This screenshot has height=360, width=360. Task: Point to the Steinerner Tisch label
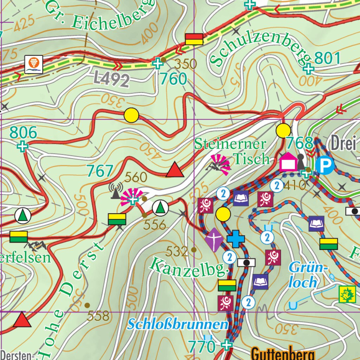tap(232, 151)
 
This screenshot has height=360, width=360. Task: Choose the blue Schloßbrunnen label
tap(178, 324)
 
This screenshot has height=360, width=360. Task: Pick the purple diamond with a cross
tap(214, 240)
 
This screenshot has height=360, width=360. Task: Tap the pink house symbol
tap(288, 162)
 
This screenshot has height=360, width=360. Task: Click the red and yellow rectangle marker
tap(194, 39)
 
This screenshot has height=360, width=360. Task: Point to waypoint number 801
tap(328, 58)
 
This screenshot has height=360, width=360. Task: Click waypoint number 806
tap(23, 133)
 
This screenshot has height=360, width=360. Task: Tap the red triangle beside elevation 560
tap(175, 170)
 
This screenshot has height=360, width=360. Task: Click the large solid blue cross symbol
tap(236, 239)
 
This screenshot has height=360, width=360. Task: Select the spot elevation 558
tap(98, 316)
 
